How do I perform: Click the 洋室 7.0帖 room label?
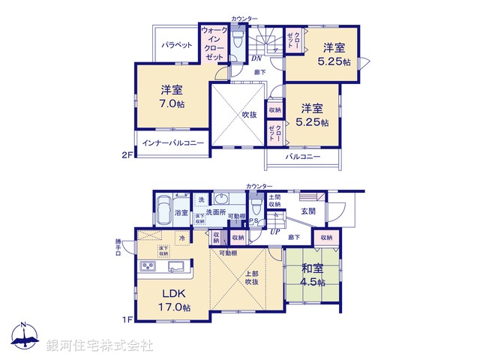(x=171, y=96)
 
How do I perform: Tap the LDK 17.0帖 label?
(x=173, y=300)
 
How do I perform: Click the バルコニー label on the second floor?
(x=302, y=157)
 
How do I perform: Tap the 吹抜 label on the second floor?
(x=249, y=115)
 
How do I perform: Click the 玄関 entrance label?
(x=309, y=211)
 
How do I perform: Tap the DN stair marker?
(x=256, y=58)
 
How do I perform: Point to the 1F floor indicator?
(x=128, y=319)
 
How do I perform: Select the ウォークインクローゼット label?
(x=213, y=43)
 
